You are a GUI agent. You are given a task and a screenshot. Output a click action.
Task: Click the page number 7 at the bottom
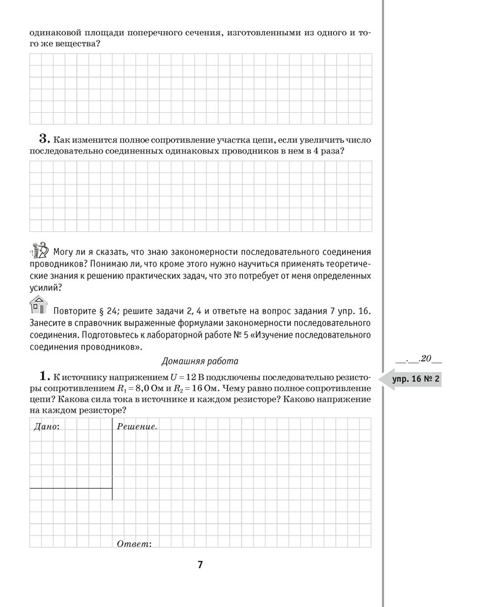[200, 565]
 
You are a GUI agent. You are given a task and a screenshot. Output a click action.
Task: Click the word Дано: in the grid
[44, 427]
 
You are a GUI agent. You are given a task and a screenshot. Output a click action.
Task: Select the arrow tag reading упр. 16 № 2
[412, 381]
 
